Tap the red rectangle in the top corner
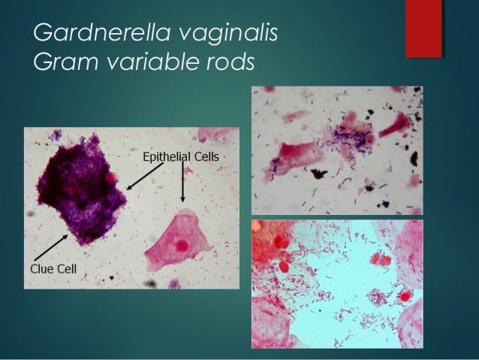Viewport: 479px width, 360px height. pyautogui.click(x=423, y=28)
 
